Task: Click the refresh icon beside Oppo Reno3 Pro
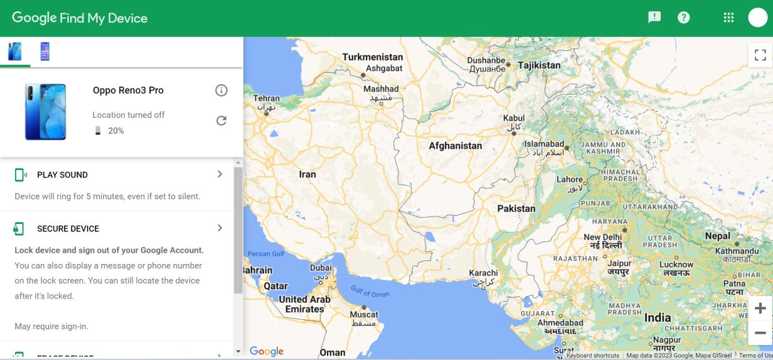221,120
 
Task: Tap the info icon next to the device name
221,90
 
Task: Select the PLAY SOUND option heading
62,175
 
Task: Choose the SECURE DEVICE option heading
68,229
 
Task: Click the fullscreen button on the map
760,55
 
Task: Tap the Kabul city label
514,118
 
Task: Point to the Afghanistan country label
456,146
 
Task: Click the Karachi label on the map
483,273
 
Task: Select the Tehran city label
266,99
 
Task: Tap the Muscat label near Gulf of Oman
364,315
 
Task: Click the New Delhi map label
602,238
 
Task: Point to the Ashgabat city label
383,68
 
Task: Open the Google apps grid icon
728,18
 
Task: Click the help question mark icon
683,18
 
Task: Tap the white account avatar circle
758,18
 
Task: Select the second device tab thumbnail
45,51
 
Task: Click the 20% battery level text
115,131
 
